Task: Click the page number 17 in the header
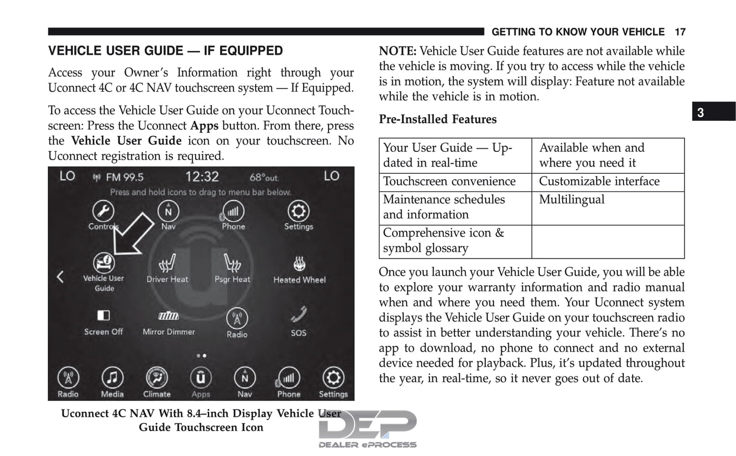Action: [x=679, y=32]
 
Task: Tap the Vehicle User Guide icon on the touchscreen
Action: [x=103, y=263]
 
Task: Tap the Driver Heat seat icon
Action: [x=167, y=263]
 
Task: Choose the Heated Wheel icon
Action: [x=299, y=263]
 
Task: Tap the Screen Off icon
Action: [x=103, y=315]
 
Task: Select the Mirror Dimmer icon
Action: [x=168, y=316]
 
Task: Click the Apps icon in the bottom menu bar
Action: [x=201, y=378]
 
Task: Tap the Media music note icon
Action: [x=112, y=378]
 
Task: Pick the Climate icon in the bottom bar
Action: [x=156, y=378]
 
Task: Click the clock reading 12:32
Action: [x=202, y=177]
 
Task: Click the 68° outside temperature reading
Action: [x=263, y=177]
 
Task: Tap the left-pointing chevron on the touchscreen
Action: [x=60, y=277]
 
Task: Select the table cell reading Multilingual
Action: [x=571, y=200]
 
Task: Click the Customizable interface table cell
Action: [x=599, y=181]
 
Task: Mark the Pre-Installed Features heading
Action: [x=438, y=119]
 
